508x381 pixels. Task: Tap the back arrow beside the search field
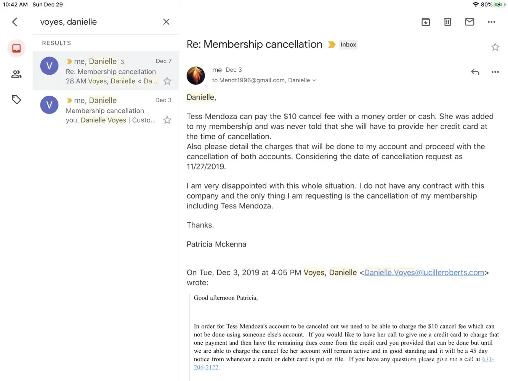point(15,22)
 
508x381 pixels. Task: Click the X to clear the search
point(166,22)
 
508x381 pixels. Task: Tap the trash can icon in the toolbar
point(447,22)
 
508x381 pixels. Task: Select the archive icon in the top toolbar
point(426,22)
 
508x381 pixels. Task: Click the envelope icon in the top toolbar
point(470,22)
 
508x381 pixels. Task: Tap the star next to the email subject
point(495,47)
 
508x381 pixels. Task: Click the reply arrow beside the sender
point(475,72)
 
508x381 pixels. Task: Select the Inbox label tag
point(348,45)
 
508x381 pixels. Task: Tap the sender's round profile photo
point(196,75)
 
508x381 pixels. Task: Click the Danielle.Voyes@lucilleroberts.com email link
point(424,273)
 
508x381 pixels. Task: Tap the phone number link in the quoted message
point(487,359)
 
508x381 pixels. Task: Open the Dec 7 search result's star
point(167,81)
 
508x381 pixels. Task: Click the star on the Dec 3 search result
point(167,120)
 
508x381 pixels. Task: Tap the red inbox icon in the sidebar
point(16,48)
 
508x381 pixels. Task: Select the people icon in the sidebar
point(16,74)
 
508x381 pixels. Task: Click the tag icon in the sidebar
point(16,100)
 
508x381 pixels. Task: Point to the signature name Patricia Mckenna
point(216,244)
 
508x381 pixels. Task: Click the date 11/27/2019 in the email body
point(206,166)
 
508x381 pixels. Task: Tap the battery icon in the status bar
point(499,5)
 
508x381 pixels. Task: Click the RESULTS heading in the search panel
point(56,43)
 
